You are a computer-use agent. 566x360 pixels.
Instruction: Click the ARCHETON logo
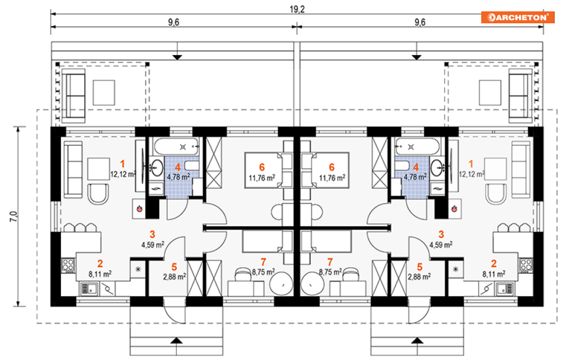click(x=517, y=17)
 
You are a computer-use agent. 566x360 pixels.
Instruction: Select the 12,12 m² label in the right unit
click(x=472, y=173)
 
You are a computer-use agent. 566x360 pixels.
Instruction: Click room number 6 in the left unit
click(x=262, y=167)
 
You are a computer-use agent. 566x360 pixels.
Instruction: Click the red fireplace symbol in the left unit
click(x=138, y=209)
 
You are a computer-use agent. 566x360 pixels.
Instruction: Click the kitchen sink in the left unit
click(x=88, y=289)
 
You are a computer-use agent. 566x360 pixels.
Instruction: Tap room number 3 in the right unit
click(x=441, y=234)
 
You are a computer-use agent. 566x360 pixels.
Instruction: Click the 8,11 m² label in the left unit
click(x=100, y=274)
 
